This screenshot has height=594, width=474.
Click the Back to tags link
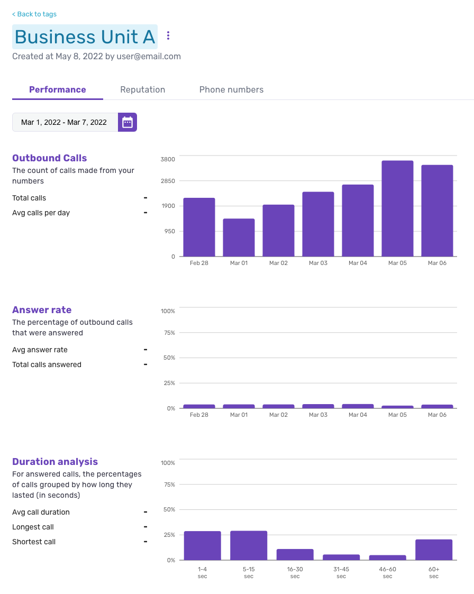34,14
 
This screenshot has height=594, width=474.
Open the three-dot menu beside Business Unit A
168,35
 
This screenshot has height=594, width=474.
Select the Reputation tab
142,89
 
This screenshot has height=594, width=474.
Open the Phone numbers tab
231,89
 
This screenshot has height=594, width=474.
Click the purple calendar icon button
127,122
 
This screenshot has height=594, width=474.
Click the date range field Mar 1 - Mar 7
64,122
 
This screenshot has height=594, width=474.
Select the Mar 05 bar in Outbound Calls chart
397,208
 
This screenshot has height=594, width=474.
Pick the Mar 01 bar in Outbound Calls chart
239,237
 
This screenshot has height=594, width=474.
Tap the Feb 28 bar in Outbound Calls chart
199,227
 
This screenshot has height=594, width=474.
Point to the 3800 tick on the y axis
168,159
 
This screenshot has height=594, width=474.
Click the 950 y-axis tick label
169,231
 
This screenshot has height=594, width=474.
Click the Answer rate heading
42,310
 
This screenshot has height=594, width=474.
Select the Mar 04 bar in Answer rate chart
358,406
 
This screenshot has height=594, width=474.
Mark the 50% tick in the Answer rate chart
169,358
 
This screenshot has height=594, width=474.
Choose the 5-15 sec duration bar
249,545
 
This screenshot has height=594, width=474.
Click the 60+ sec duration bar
434,550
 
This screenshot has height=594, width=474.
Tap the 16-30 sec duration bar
295,554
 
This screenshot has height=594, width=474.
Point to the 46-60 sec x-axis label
387,572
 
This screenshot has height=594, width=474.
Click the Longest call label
33,527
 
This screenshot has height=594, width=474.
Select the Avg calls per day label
41,213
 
